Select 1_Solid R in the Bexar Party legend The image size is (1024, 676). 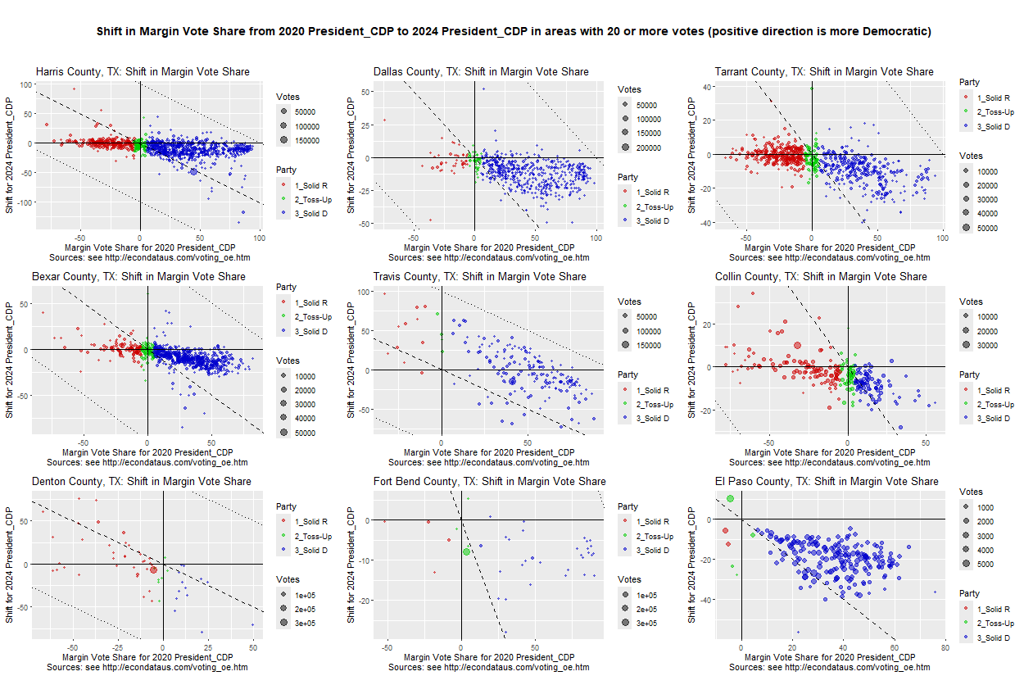[x=311, y=302]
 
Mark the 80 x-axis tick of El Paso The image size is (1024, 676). [x=945, y=647]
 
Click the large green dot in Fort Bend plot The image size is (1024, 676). [x=466, y=551]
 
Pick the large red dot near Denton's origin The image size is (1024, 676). [x=153, y=569]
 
